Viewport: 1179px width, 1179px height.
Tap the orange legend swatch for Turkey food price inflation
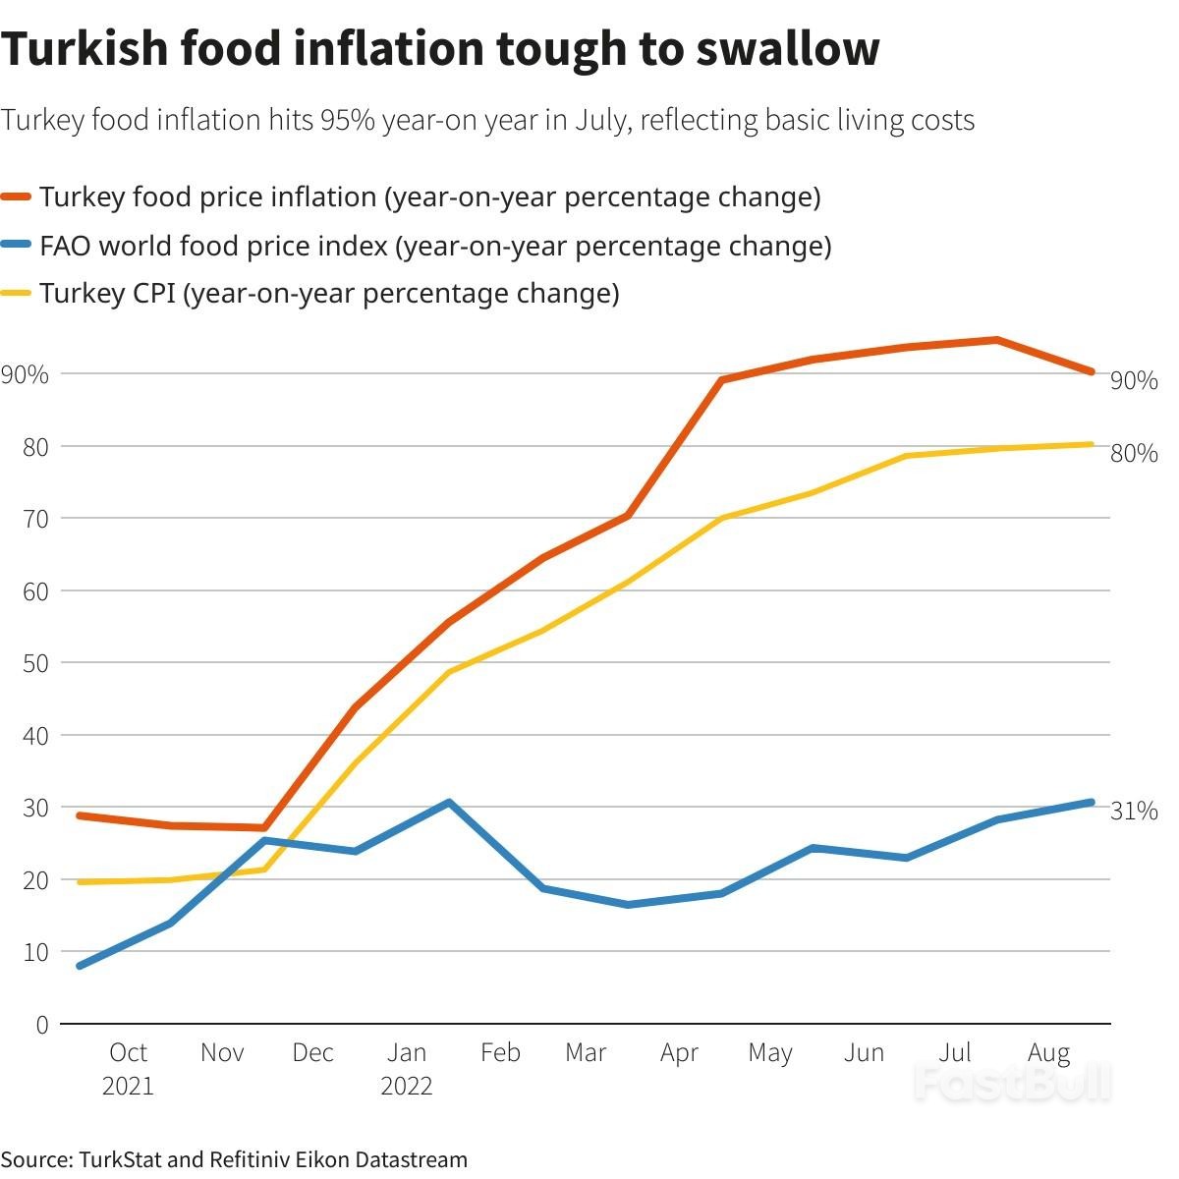click(19, 197)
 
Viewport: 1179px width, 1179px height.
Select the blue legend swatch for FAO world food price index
click(19, 246)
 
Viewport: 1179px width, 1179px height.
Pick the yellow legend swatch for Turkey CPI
click(19, 294)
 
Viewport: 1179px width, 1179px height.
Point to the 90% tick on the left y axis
click(25, 374)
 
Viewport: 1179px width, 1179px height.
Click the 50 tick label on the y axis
click(34, 663)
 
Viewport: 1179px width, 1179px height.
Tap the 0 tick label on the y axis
click(41, 1025)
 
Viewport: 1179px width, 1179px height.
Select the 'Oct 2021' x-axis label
click(128, 1069)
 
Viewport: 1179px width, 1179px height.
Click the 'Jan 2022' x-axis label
click(407, 1069)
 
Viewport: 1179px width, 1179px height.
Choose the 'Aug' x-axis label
click(1048, 1053)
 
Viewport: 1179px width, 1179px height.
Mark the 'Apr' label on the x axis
click(679, 1053)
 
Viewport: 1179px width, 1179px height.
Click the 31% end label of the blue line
click(1134, 811)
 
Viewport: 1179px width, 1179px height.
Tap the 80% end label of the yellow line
click(1134, 453)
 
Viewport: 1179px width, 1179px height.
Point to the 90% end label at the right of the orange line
click(1134, 381)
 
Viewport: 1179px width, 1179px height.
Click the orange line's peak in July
click(997, 340)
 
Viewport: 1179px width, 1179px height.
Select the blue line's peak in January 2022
click(449, 803)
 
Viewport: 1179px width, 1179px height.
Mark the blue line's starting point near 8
click(79, 966)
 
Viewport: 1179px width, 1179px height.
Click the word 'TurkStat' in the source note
click(122, 1159)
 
